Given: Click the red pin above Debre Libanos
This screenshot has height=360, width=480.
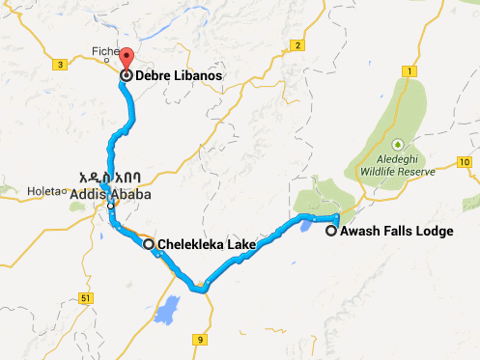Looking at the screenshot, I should [x=126, y=57].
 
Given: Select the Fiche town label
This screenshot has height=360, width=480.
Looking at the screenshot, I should [x=102, y=53].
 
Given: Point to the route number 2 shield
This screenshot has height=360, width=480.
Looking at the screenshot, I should [x=299, y=46].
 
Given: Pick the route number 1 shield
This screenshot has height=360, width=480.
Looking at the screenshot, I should [x=409, y=71].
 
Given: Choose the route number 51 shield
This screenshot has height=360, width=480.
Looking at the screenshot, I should [x=87, y=298].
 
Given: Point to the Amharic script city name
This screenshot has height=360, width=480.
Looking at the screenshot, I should [x=115, y=179].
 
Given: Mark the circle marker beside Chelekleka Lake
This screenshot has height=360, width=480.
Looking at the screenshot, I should [x=149, y=245].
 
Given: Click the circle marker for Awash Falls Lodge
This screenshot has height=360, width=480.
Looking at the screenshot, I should [x=331, y=231].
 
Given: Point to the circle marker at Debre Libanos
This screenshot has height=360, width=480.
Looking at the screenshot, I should [x=127, y=74].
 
